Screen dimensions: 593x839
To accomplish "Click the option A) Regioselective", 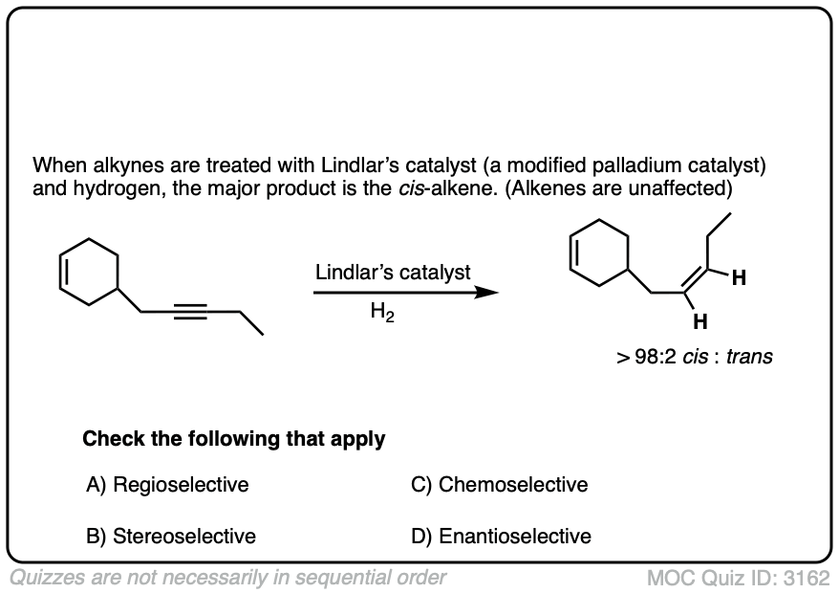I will click(x=167, y=485).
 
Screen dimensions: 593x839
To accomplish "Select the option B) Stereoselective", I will click(x=171, y=537).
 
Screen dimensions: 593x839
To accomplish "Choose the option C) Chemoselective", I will click(x=499, y=485).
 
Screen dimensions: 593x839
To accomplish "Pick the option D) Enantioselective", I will click(x=501, y=537).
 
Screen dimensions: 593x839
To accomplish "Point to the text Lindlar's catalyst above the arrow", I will click(x=393, y=273).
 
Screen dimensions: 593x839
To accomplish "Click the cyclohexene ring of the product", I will click(x=599, y=253).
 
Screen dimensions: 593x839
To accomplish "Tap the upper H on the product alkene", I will click(x=739, y=279).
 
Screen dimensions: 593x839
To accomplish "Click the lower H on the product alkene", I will click(x=700, y=320).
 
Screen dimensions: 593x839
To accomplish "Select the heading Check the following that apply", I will click(x=234, y=440).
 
